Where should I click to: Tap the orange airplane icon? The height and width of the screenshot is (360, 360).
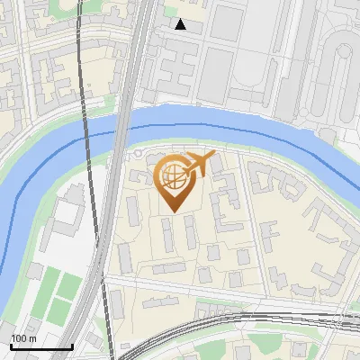[x=200, y=165]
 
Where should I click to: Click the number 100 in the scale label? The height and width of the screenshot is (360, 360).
[x=19, y=338]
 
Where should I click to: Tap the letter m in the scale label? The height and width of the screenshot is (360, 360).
[x=32, y=338]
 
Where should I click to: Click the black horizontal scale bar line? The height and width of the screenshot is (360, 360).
[x=41, y=346]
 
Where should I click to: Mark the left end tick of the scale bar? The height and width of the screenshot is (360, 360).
[x=11, y=345]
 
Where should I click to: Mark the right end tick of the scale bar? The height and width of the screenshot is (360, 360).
[x=72, y=345]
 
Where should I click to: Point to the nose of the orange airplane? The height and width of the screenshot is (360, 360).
[x=215, y=157]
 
